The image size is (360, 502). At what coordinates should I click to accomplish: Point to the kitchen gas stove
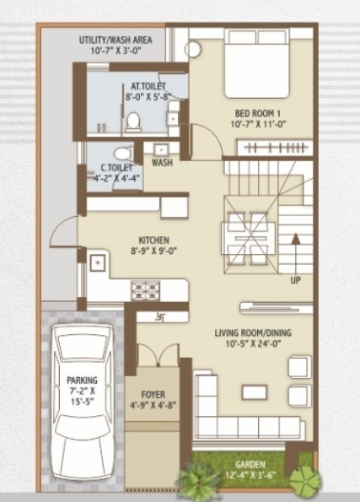click(141, 289)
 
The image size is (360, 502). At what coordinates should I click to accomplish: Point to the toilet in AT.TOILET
click(132, 121)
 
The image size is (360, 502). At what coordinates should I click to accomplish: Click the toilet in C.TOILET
click(123, 154)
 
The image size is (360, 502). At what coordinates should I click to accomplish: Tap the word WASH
click(163, 163)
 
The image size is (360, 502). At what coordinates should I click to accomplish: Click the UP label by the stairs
click(295, 279)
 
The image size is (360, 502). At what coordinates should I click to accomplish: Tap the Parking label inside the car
click(83, 381)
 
